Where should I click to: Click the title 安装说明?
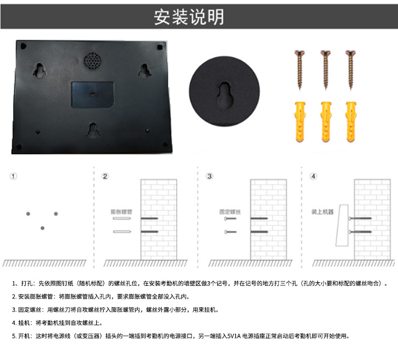pyautogui.click(x=189, y=17)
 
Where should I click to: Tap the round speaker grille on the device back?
pyautogui.click(x=92, y=61)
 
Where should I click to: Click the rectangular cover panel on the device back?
pyautogui.click(x=92, y=94)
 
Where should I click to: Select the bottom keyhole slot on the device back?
pyautogui.click(x=93, y=130)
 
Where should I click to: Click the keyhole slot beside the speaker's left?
pyautogui.click(x=39, y=70)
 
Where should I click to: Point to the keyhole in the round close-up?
pyautogui.click(x=225, y=95)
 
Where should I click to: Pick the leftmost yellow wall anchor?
pyautogui.click(x=300, y=122)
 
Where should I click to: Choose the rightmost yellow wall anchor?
pyautogui.click(x=351, y=122)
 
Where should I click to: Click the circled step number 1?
pyautogui.click(x=14, y=176)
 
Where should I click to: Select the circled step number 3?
pyautogui.click(x=210, y=176)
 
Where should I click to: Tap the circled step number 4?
pyautogui.click(x=313, y=176)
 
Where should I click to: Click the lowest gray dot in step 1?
pyautogui.click(x=42, y=228)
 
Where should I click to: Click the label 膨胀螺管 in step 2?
pyautogui.click(x=121, y=212)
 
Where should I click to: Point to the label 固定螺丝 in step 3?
pyautogui.click(x=230, y=212)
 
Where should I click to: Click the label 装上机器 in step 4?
pyautogui.click(x=322, y=212)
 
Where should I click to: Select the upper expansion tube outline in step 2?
pyautogui.click(x=122, y=218)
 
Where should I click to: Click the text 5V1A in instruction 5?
pyautogui.click(x=234, y=336)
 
